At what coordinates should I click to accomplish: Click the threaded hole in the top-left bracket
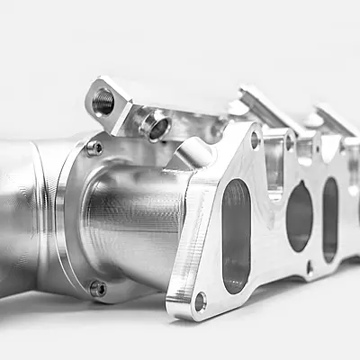(103, 102)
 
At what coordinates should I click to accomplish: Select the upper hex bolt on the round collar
(94, 148)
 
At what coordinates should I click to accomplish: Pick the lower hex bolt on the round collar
(97, 289)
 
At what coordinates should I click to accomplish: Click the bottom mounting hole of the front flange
(200, 301)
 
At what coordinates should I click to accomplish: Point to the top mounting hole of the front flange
(255, 139)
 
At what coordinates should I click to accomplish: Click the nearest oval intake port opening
(236, 236)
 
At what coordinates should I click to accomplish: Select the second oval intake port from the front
(300, 216)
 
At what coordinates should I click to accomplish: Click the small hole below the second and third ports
(310, 266)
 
